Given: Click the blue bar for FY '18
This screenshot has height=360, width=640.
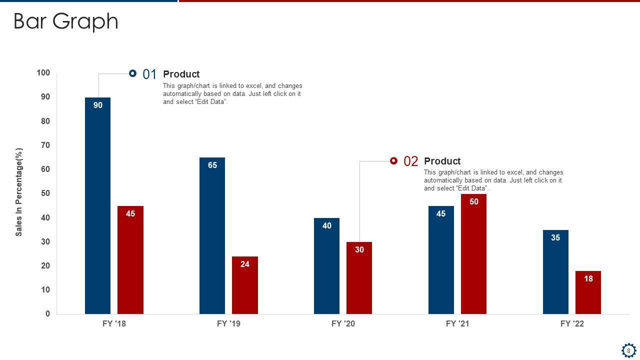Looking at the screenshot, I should (x=97, y=205).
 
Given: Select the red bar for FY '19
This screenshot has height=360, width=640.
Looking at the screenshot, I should (x=245, y=285).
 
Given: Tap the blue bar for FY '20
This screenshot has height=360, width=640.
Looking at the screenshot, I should (x=326, y=265).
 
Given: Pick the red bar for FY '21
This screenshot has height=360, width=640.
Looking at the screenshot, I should (x=473, y=254).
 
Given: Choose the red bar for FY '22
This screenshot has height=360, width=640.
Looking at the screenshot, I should (x=588, y=292).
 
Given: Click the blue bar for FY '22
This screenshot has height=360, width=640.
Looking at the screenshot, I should (x=555, y=272).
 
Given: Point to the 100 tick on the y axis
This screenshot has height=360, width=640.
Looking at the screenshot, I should (x=43, y=73).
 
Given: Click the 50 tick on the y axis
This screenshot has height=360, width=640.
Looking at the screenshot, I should (x=45, y=193).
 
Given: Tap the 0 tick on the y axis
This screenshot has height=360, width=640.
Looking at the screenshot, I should (x=48, y=314).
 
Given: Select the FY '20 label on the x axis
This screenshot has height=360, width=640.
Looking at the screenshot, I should (x=343, y=324).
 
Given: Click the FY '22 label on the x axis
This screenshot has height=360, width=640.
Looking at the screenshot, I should (x=572, y=324).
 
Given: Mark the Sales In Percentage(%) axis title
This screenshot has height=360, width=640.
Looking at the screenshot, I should (x=19, y=192).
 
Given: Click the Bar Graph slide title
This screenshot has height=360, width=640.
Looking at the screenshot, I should (x=65, y=21).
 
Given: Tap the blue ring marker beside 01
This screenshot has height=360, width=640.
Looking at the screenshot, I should (x=132, y=73).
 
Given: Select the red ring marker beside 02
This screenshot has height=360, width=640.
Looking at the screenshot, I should (x=393, y=160).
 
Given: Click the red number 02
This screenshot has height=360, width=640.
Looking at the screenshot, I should (x=410, y=161).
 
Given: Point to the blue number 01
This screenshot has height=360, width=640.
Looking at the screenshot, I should (x=149, y=74).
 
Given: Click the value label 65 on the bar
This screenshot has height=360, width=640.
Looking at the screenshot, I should (x=212, y=165).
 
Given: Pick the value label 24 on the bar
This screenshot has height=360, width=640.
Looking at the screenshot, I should (x=245, y=264).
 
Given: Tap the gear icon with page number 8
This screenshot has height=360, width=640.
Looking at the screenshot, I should (x=628, y=350).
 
